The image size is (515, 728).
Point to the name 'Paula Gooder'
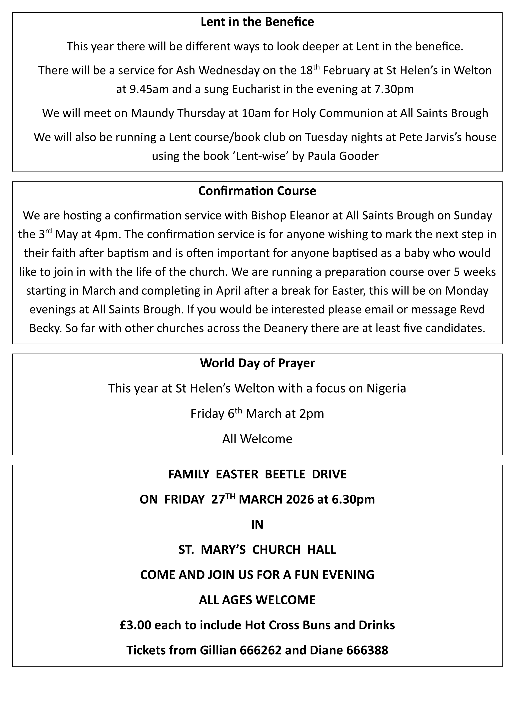(343, 156)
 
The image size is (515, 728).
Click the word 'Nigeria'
(386, 388)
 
